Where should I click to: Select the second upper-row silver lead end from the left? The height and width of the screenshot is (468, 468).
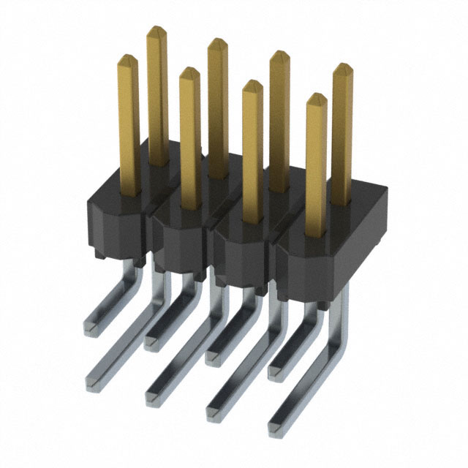[154, 340]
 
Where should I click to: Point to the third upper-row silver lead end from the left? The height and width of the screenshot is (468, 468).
[214, 355]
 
